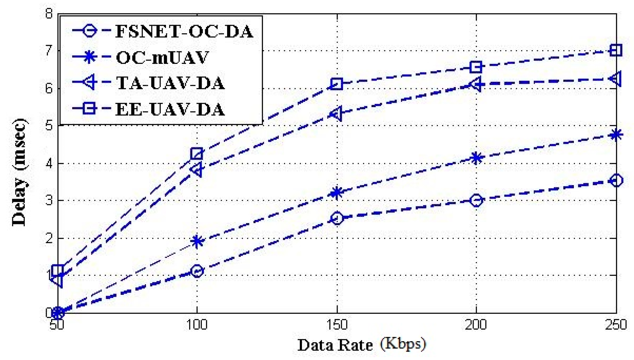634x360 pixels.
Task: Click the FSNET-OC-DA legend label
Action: [x=184, y=31]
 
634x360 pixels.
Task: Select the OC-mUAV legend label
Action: [x=162, y=57]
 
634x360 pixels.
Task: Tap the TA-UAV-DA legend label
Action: [x=170, y=83]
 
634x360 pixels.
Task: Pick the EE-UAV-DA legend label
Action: [x=170, y=109]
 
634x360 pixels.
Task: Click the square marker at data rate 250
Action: [x=616, y=50]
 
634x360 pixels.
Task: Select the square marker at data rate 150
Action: [x=337, y=84]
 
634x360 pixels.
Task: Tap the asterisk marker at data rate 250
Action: [x=616, y=135]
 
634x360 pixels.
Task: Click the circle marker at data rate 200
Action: [x=476, y=200]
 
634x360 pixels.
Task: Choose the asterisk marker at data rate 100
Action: [x=197, y=241]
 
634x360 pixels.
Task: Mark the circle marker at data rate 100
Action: [x=197, y=271]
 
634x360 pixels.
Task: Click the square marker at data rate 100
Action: [x=197, y=154]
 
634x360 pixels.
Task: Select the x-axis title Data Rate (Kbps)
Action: [x=361, y=345]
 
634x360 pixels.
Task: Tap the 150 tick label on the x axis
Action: [x=337, y=325]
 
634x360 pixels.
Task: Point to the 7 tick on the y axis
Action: [x=49, y=51]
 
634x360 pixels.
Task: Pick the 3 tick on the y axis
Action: [x=49, y=201]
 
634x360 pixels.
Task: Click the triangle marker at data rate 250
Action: [x=616, y=79]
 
